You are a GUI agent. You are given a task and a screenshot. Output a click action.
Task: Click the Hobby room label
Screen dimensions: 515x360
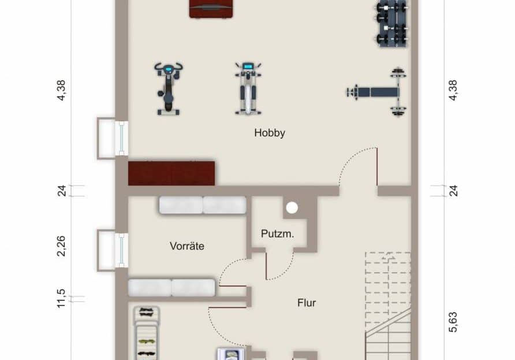tap(269, 133)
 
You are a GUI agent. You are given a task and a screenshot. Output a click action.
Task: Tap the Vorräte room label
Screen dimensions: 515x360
tap(187, 246)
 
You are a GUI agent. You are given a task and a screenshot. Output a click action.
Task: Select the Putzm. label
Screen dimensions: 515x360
tap(278, 234)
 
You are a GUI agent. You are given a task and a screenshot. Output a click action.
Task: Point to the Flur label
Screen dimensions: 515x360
tap(307, 303)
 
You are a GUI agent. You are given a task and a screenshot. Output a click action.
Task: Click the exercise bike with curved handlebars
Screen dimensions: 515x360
tap(168, 88)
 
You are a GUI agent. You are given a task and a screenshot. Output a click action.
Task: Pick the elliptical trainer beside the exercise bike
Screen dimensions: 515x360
tap(248, 88)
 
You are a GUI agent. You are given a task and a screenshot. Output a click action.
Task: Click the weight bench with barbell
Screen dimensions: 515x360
tap(377, 92)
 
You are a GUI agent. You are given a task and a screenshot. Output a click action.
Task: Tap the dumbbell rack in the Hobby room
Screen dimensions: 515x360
tap(392, 23)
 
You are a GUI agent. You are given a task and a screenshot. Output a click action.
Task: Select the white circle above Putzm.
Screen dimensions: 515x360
tap(292, 208)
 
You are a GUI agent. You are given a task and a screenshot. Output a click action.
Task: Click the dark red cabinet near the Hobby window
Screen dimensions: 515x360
tap(171, 173)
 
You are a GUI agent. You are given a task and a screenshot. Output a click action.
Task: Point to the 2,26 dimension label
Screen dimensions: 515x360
tap(61, 246)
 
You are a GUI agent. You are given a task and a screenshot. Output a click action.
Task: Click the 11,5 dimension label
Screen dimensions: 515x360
tap(61, 299)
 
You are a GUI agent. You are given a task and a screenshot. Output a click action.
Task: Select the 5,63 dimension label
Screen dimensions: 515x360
tap(453, 322)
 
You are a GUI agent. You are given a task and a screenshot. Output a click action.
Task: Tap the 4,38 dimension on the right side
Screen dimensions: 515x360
tap(453, 90)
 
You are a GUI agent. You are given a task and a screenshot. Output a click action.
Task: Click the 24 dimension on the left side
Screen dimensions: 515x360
tap(61, 191)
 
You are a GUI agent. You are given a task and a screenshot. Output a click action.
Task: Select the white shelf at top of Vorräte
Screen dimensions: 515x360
tap(203, 205)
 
